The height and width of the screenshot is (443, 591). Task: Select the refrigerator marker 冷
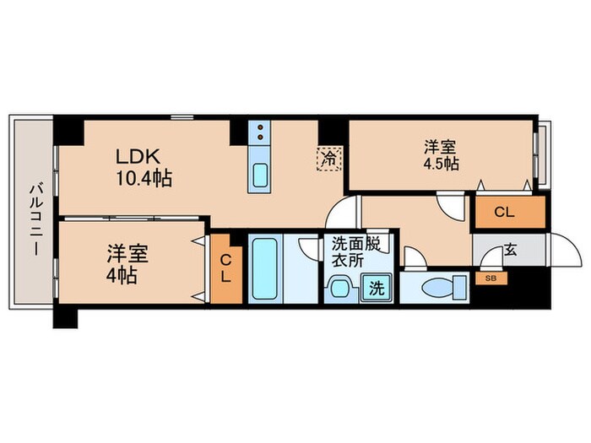tap(328, 157)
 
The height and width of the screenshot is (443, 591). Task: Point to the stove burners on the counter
tap(261, 132)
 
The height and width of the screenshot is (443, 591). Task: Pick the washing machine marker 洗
tap(376, 287)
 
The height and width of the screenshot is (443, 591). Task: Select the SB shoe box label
tap(490, 276)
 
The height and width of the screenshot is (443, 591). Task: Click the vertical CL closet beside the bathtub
tap(226, 268)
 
